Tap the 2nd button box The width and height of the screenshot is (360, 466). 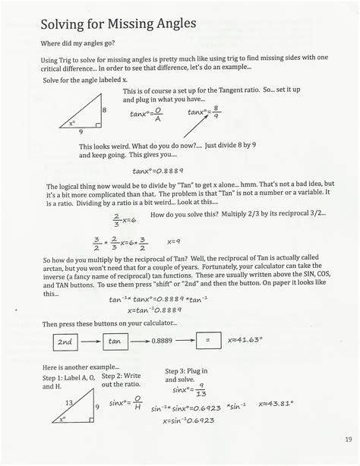point(66,342)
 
